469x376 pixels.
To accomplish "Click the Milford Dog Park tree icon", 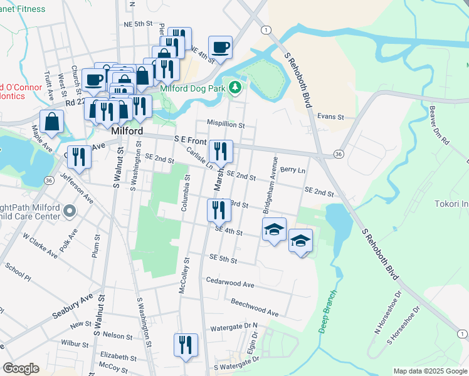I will pyautogui.click(x=236, y=87).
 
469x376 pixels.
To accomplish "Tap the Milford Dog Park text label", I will pyautogui.click(x=192, y=89).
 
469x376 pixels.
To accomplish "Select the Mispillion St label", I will pyautogui.click(x=226, y=125).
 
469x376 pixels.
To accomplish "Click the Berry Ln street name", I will pyautogui.click(x=293, y=170).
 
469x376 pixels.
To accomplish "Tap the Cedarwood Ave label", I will pyautogui.click(x=229, y=284).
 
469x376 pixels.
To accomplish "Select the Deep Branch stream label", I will pyautogui.click(x=327, y=311).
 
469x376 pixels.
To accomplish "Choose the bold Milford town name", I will pyautogui.click(x=128, y=132).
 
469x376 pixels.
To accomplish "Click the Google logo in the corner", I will pyautogui.click(x=21, y=368).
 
